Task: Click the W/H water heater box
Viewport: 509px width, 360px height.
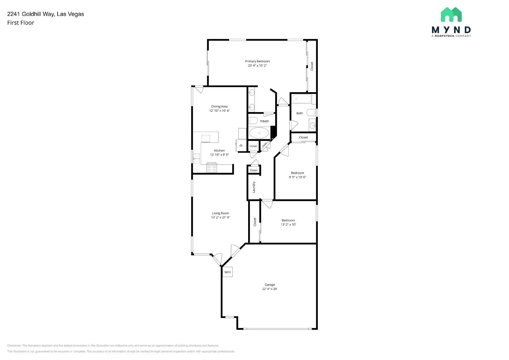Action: [x=227, y=272]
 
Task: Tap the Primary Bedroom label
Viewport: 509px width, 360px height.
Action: [x=257, y=61]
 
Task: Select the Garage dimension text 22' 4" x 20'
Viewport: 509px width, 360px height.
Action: [x=269, y=289]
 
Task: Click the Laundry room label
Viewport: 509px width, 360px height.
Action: [x=254, y=187]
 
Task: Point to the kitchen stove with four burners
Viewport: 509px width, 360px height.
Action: [x=212, y=168]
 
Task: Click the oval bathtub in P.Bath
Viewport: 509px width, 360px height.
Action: [x=259, y=133]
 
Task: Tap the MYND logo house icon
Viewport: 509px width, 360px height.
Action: [x=451, y=15]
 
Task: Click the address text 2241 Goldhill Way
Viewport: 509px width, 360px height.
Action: [x=45, y=14]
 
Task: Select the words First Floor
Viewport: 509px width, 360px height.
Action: [x=21, y=23]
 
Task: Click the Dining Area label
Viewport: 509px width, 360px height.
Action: [x=219, y=107]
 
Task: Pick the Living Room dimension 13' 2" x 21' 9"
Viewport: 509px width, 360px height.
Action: [x=220, y=218]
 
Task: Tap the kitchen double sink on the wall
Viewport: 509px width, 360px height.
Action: [x=197, y=158]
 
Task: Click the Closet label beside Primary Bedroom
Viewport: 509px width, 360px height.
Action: [x=312, y=66]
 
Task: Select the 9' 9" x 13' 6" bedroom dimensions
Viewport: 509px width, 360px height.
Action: [x=297, y=177]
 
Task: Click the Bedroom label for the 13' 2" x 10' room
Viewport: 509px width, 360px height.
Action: [x=288, y=220]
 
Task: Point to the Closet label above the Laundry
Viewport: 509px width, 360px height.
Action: [x=254, y=170]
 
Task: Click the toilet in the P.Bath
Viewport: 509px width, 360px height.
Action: [x=253, y=121]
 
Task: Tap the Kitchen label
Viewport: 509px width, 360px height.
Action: [x=219, y=150]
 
